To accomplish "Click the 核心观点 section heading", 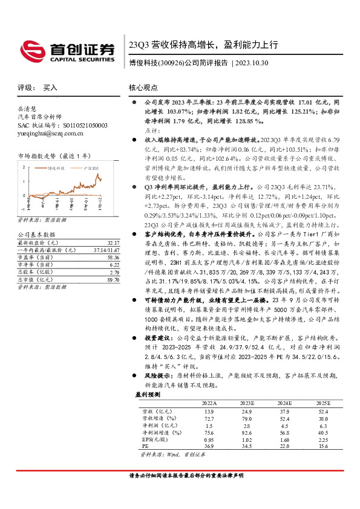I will click(x=144, y=88).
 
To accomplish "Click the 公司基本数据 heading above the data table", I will click(x=36, y=234).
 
